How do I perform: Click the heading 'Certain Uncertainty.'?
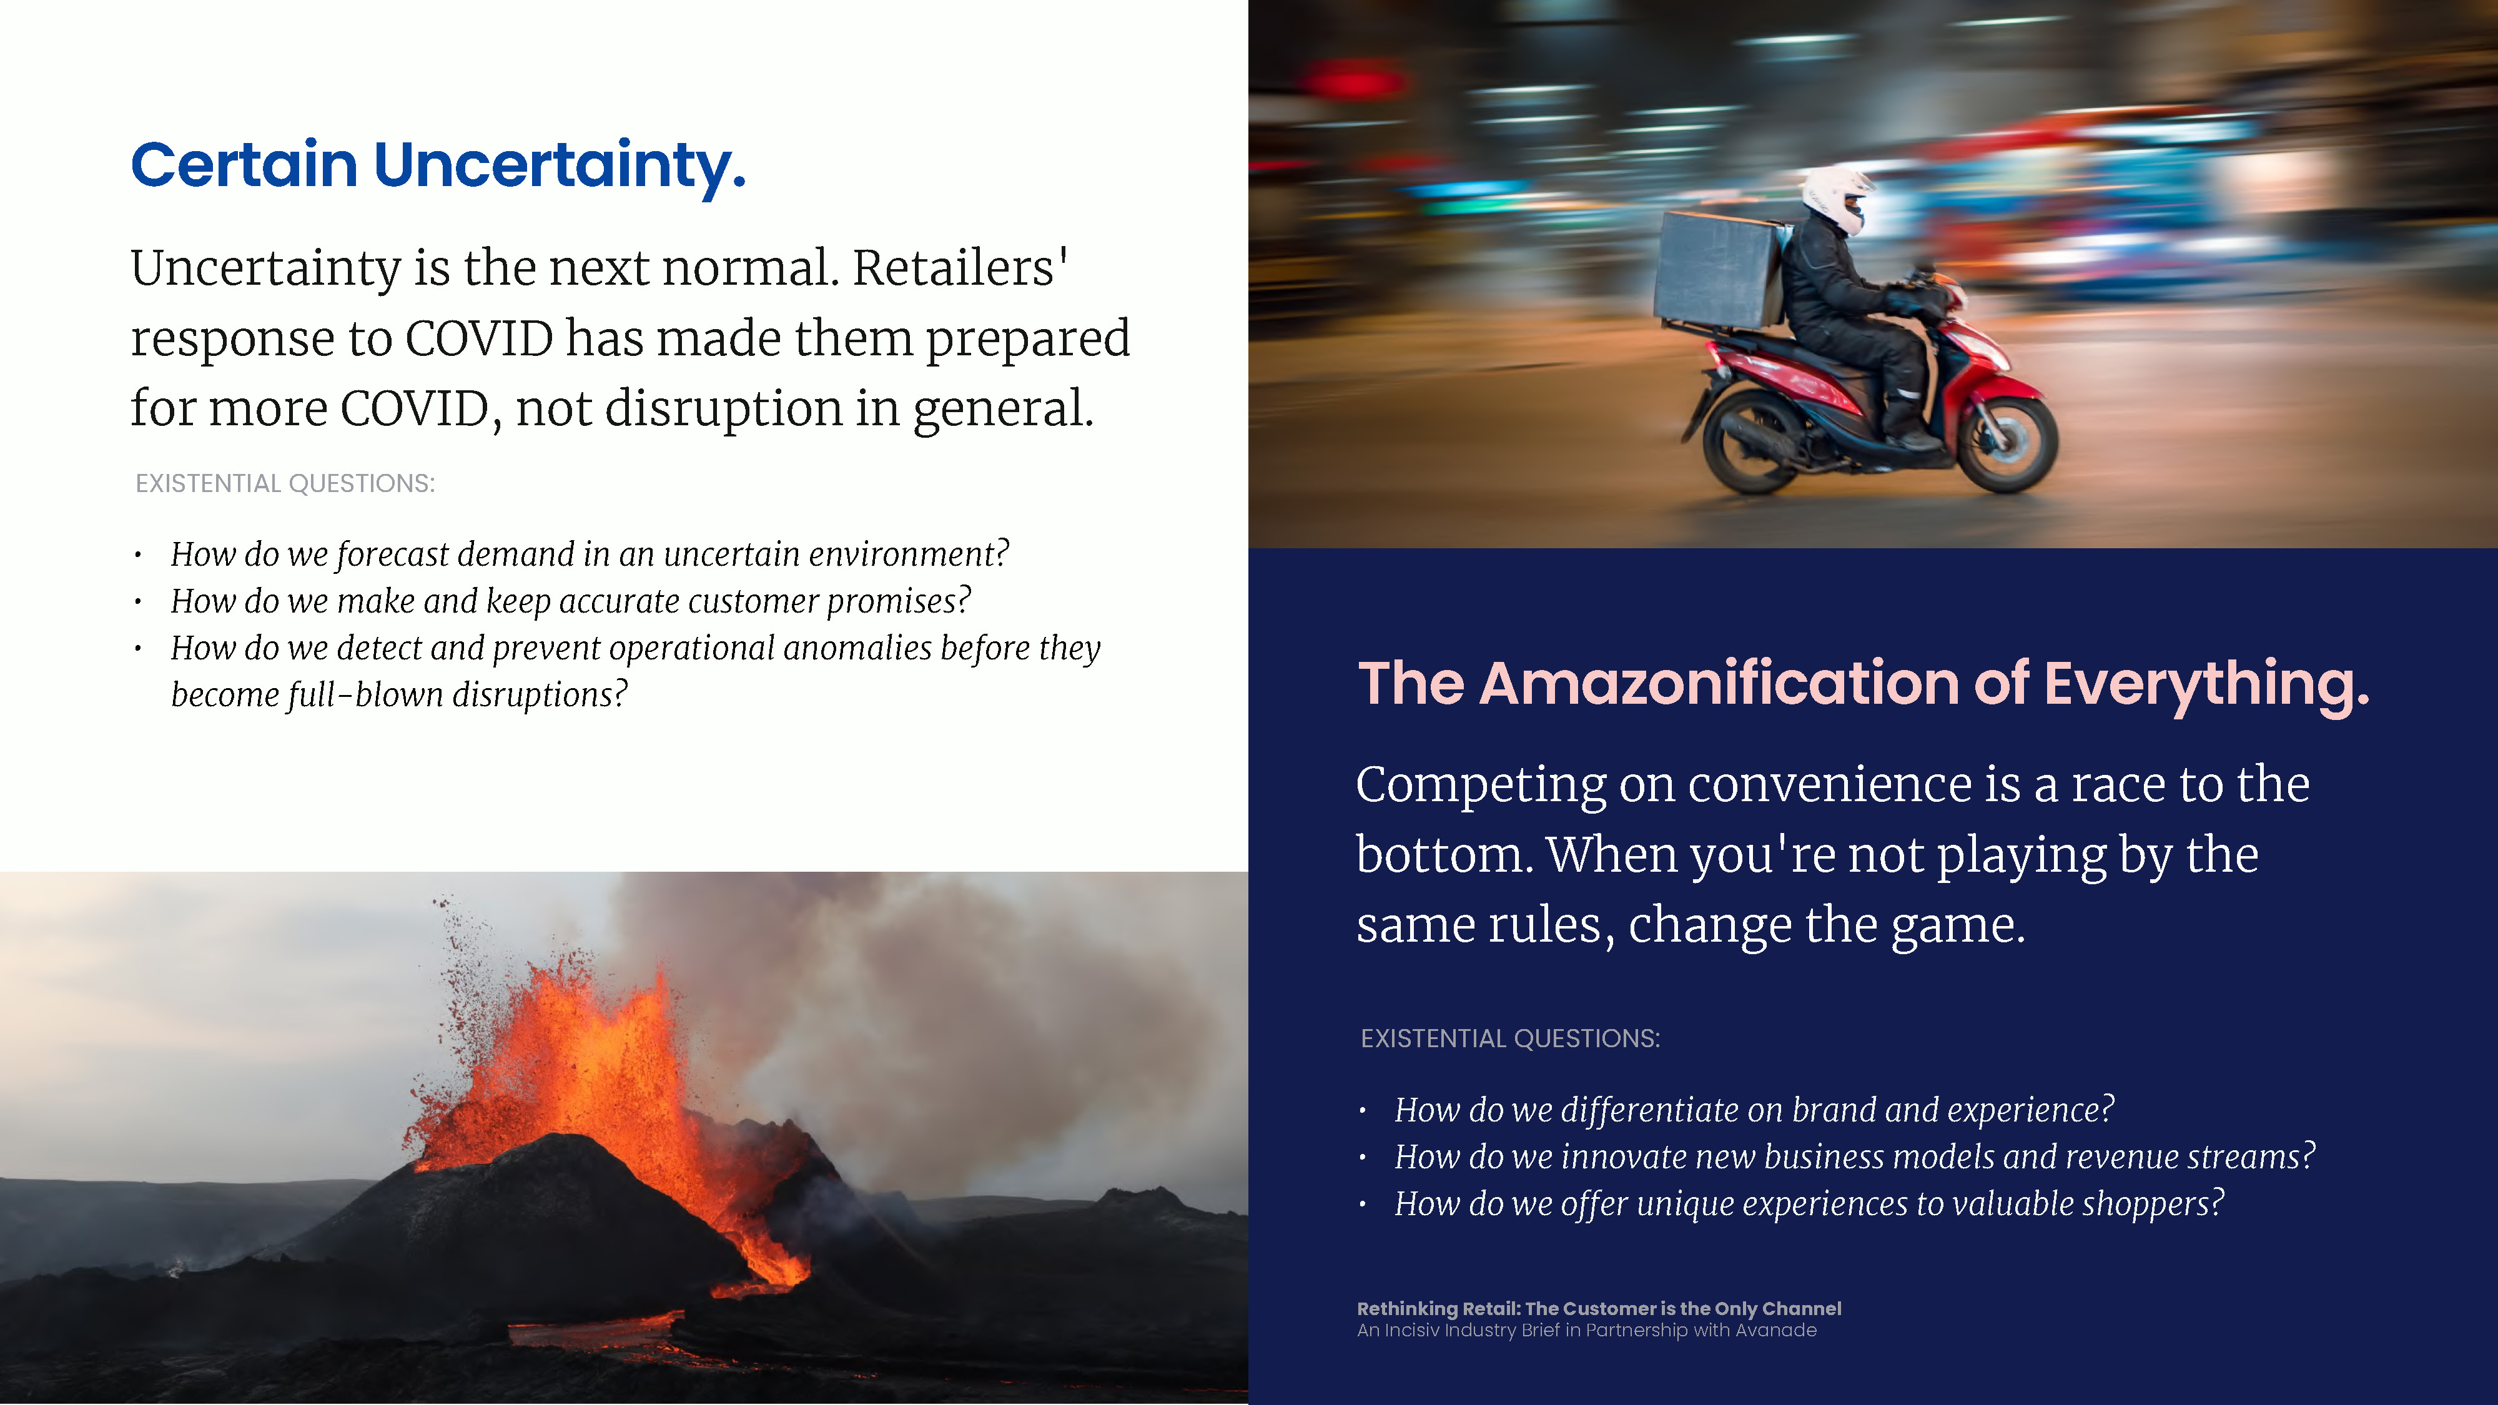438,166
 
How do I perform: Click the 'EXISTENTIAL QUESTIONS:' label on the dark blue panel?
1510,1038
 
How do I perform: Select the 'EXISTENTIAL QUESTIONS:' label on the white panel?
285,483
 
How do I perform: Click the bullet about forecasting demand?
590,555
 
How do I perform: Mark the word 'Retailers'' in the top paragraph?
960,268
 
